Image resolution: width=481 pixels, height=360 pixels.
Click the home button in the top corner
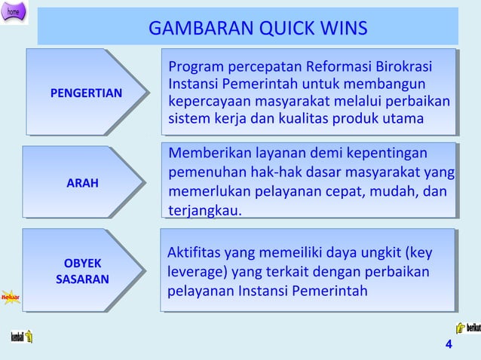[x=14, y=12]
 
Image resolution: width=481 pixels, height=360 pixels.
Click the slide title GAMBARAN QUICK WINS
[x=258, y=29]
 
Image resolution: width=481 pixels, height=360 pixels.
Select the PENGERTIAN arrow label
[x=85, y=93]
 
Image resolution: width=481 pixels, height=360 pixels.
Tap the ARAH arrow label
[x=82, y=183]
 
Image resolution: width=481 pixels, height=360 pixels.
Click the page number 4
[x=449, y=345]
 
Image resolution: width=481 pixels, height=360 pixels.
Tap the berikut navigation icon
[x=467, y=328]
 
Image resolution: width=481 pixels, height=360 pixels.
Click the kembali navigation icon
[x=20, y=337]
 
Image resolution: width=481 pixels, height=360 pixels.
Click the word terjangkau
[x=204, y=210]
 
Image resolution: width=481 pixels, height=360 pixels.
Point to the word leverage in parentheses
[x=195, y=272]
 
